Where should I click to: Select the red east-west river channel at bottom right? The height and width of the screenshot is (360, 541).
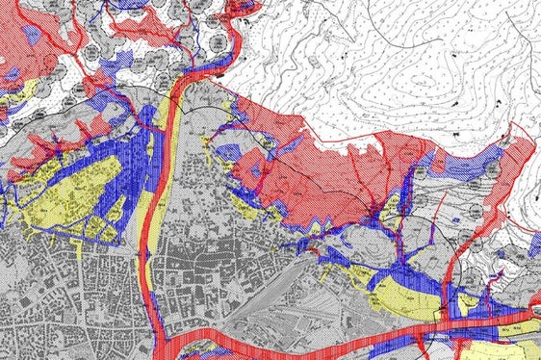[481, 323]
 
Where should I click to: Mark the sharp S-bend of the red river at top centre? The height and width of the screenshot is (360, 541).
[227, 48]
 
